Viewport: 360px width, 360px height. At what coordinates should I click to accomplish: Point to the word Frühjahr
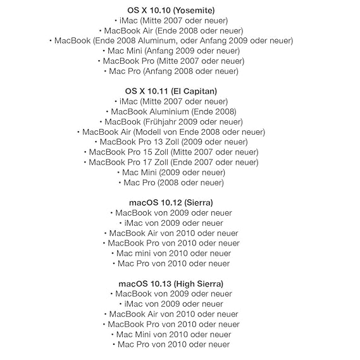click(161, 121)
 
